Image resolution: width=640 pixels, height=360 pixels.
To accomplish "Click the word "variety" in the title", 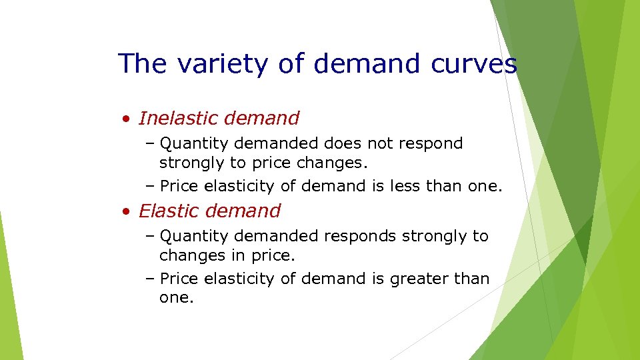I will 208,64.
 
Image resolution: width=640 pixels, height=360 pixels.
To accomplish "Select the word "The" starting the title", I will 141,64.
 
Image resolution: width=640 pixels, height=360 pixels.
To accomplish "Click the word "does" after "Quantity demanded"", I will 342,143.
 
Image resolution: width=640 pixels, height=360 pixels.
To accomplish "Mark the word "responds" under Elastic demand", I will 357,237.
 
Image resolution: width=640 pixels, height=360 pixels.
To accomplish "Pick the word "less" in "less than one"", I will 395,186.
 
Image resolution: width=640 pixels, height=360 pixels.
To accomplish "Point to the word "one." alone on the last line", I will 177,298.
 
